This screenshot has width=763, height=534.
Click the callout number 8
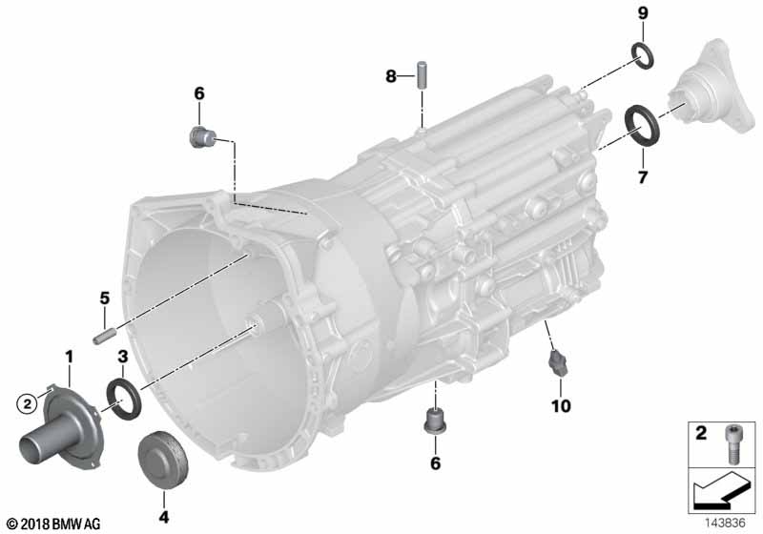pyautogui.click(x=390, y=75)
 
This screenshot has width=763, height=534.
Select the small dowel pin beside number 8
pyautogui.click(x=419, y=74)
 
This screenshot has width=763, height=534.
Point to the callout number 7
pyautogui.click(x=642, y=177)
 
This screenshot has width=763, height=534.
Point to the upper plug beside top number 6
pyautogui.click(x=201, y=136)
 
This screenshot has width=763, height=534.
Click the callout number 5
pyautogui.click(x=105, y=298)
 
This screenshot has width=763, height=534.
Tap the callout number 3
pyautogui.click(x=122, y=356)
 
